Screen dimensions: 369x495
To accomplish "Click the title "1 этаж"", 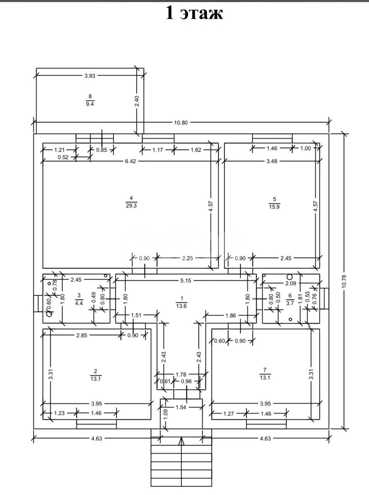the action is click(194, 13).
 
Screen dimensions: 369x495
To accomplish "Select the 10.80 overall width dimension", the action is click(181, 123).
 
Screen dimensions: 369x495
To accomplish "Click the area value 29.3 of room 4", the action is click(131, 206).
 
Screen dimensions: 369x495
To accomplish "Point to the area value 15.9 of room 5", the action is click(274, 207).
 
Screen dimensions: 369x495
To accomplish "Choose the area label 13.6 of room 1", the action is click(182, 306).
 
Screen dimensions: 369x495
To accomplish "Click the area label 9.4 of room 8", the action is click(90, 104).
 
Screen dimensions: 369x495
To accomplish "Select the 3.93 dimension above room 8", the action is click(90, 76).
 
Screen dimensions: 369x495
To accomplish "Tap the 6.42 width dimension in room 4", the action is click(131, 161).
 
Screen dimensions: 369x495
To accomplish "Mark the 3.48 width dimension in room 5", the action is click(272, 161).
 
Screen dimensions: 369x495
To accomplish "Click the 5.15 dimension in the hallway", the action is click(185, 280).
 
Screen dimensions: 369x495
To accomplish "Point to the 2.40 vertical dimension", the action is click(137, 101).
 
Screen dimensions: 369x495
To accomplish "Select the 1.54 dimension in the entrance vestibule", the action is click(181, 407).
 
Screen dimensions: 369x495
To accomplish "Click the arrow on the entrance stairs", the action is click(181, 441).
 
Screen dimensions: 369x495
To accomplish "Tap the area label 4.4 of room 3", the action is click(78, 303).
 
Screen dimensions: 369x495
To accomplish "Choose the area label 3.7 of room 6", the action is click(290, 303).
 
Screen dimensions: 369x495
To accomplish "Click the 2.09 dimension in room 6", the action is click(291, 283).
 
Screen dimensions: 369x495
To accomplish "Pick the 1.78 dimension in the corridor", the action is click(181, 374).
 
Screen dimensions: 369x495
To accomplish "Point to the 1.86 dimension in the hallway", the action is click(230, 316).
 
